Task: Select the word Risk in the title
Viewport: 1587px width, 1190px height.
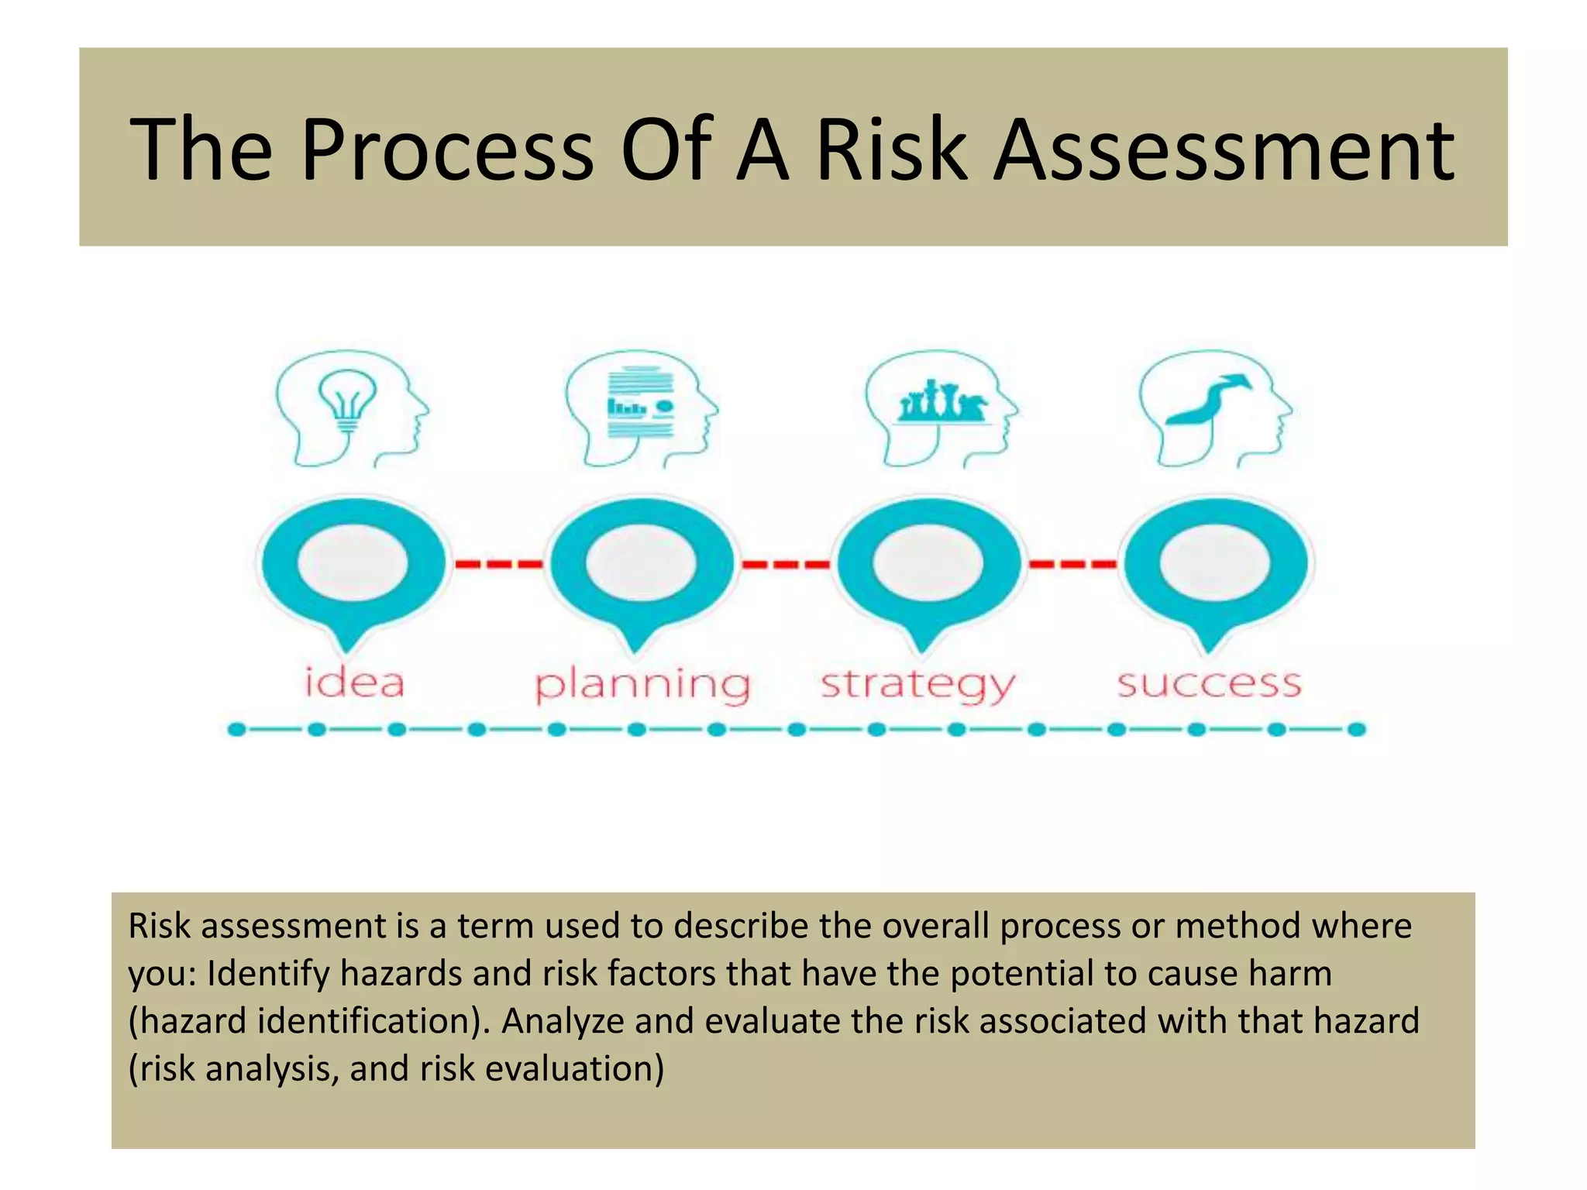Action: click(892, 149)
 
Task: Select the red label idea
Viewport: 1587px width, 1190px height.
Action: click(354, 683)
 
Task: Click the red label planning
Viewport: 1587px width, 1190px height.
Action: click(642, 685)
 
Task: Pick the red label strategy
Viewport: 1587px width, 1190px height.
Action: click(917, 685)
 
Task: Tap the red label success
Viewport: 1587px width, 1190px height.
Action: click(1209, 683)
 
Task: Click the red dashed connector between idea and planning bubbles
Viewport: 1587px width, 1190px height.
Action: click(498, 564)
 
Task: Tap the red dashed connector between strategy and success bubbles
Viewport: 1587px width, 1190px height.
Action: click(1072, 564)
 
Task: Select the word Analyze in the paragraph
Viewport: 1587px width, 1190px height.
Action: click(563, 1022)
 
